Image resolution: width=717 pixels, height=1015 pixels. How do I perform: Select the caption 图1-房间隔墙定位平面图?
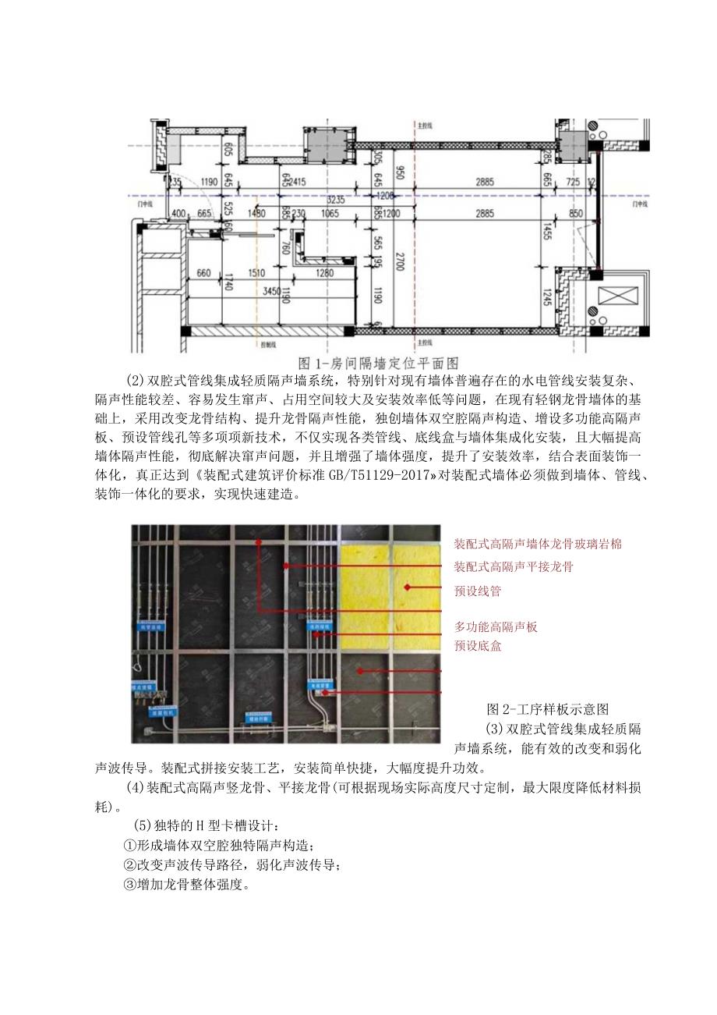(379, 363)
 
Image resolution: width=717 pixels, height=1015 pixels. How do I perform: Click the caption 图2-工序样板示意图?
(546, 709)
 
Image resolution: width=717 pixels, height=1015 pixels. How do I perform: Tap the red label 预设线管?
(477, 591)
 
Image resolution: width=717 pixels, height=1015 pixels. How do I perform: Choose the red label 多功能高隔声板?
(496, 626)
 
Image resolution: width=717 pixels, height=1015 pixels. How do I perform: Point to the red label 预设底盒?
(478, 646)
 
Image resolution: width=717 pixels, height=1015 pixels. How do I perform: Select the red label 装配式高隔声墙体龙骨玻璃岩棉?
(538, 543)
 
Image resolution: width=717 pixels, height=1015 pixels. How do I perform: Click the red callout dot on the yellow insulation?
(406, 586)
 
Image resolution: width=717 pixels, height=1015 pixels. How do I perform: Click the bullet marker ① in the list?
(130, 845)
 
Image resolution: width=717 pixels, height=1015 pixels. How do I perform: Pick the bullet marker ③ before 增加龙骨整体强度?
(130, 885)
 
